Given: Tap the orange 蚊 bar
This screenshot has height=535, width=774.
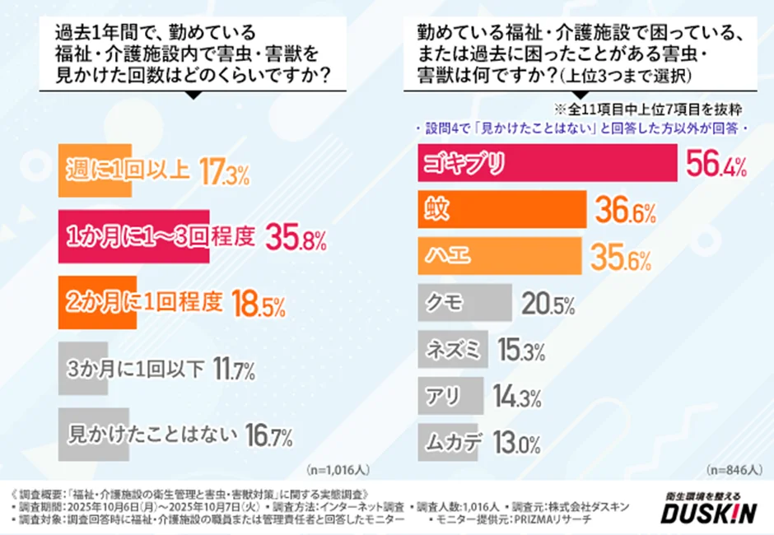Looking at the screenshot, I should pos(502,210).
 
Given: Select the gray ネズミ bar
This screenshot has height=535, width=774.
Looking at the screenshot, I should pos(452,349).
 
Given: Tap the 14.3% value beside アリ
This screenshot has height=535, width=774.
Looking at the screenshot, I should pos(516,398).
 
